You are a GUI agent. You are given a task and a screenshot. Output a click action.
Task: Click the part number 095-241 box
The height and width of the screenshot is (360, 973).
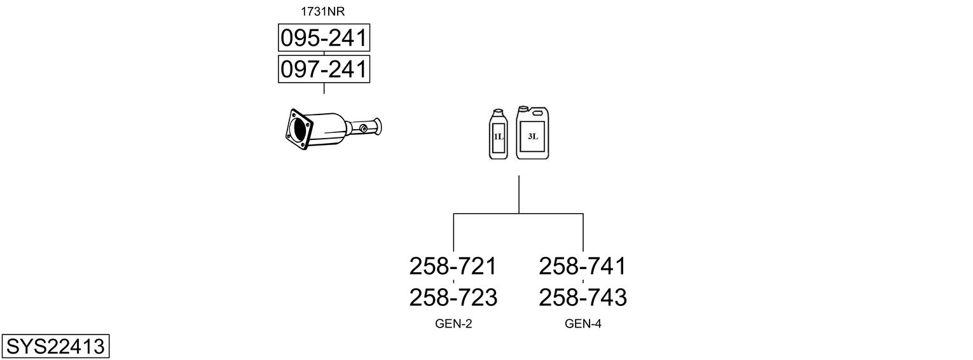[324, 38]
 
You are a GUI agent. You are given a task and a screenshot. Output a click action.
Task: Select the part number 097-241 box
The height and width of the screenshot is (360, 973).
[324, 69]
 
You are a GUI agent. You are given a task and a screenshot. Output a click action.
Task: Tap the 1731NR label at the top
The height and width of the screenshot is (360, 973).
[322, 11]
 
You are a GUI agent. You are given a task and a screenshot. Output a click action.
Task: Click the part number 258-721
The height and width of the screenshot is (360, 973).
[453, 266]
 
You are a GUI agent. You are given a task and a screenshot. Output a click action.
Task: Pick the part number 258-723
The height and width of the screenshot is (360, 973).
[453, 298]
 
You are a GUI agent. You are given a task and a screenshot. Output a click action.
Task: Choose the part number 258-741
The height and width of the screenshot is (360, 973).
[583, 266]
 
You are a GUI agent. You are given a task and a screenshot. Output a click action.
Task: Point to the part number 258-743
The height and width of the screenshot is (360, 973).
[583, 298]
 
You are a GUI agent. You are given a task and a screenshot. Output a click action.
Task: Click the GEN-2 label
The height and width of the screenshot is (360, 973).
[453, 324]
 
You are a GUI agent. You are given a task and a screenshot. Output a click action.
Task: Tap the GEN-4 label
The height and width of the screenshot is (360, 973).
[583, 324]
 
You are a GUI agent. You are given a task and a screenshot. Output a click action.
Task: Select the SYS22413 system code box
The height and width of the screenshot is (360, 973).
[55, 346]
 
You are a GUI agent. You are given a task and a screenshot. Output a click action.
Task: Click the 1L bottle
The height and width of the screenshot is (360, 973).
[498, 134]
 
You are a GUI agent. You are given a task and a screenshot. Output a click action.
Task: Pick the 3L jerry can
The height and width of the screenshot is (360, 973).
[532, 132]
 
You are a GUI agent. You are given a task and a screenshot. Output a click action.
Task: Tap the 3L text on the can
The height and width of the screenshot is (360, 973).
[533, 136]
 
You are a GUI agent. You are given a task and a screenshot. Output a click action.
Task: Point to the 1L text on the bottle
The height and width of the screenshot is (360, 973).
[498, 137]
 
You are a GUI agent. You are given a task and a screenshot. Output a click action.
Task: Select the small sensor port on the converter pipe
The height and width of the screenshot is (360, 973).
[362, 128]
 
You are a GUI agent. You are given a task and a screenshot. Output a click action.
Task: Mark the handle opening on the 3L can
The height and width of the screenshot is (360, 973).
[539, 113]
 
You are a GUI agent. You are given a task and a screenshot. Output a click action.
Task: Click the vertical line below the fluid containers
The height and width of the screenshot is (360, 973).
[519, 195]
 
